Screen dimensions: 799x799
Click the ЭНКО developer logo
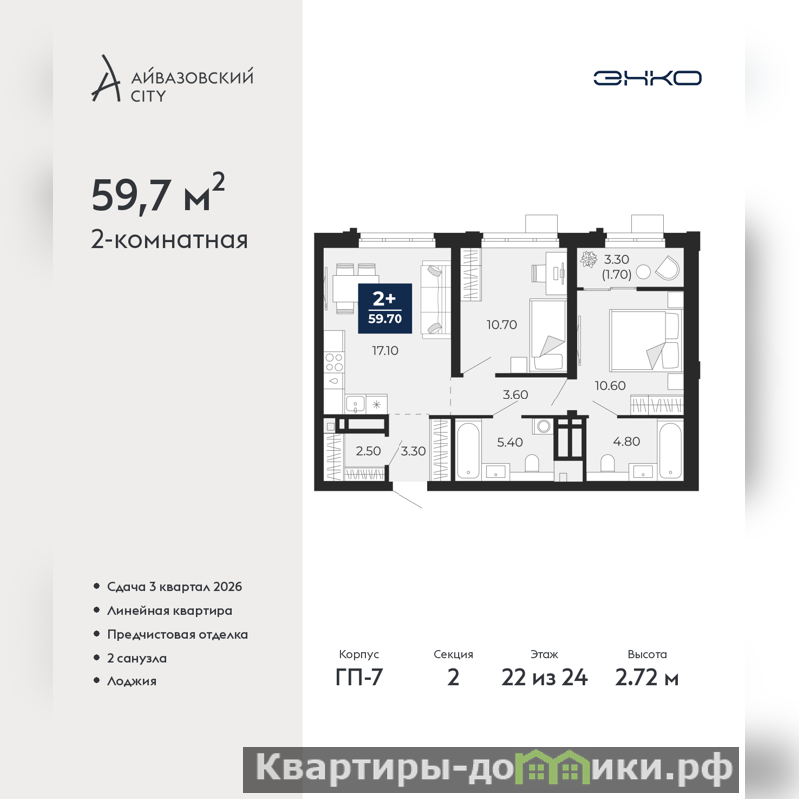point(647,78)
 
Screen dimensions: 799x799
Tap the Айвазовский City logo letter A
point(106,78)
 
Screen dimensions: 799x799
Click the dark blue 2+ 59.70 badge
point(385,308)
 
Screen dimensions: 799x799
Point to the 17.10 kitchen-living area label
point(385,351)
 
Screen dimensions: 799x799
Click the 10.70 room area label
point(502,324)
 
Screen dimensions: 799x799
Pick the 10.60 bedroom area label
point(610,386)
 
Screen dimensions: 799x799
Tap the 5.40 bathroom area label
point(510,442)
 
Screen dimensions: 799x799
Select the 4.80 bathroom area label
point(627,441)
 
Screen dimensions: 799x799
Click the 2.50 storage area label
point(368,451)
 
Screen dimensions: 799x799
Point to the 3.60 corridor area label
point(515,394)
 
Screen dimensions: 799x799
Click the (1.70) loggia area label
point(616,274)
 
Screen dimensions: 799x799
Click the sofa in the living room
point(436,298)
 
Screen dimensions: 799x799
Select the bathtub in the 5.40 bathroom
point(467,450)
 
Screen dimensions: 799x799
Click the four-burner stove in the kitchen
point(334,362)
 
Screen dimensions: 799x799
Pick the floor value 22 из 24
point(544,678)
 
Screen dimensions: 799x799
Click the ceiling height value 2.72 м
point(647,678)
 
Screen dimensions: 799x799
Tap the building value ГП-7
point(359,678)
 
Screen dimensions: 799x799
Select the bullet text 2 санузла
point(137,658)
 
